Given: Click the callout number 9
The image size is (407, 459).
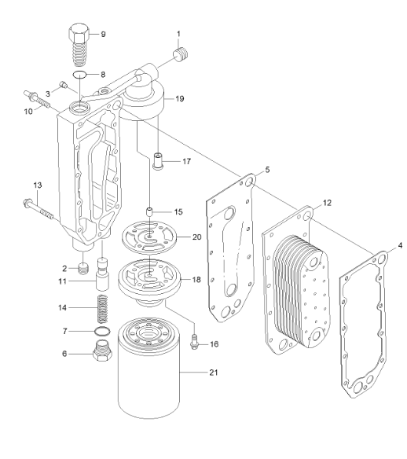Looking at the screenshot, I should [102, 34].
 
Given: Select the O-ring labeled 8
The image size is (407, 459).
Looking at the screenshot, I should [80, 76].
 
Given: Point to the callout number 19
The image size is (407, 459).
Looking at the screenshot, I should [180, 99].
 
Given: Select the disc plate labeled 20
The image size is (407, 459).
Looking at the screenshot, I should [148, 236].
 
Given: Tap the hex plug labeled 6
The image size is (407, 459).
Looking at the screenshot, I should [101, 354].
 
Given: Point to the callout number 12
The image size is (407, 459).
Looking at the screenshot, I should [326, 202].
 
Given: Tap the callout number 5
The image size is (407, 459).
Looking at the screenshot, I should [268, 169].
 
